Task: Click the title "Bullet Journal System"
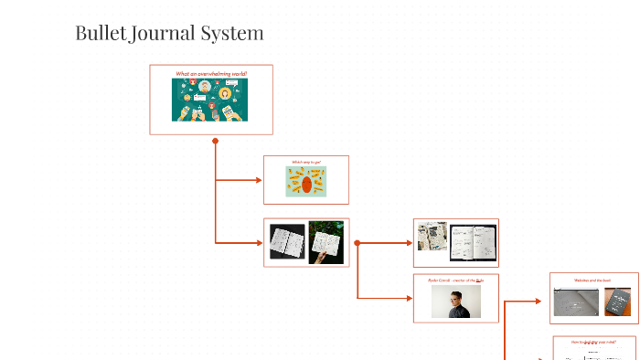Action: (169, 34)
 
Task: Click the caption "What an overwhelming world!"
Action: (211, 73)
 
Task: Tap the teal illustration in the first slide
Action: (209, 100)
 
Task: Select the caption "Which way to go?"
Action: (306, 163)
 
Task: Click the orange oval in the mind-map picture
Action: (306, 185)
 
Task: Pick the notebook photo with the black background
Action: (286, 242)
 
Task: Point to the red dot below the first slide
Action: (215, 141)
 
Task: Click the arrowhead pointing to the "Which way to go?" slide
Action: (259, 180)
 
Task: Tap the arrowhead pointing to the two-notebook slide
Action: (259, 242)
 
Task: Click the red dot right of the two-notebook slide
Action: (357, 243)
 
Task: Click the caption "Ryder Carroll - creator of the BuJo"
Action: (455, 281)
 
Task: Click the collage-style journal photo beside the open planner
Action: (431, 236)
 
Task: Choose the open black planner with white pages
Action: (473, 242)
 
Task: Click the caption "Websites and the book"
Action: (593, 280)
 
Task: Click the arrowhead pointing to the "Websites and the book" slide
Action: (545, 299)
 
